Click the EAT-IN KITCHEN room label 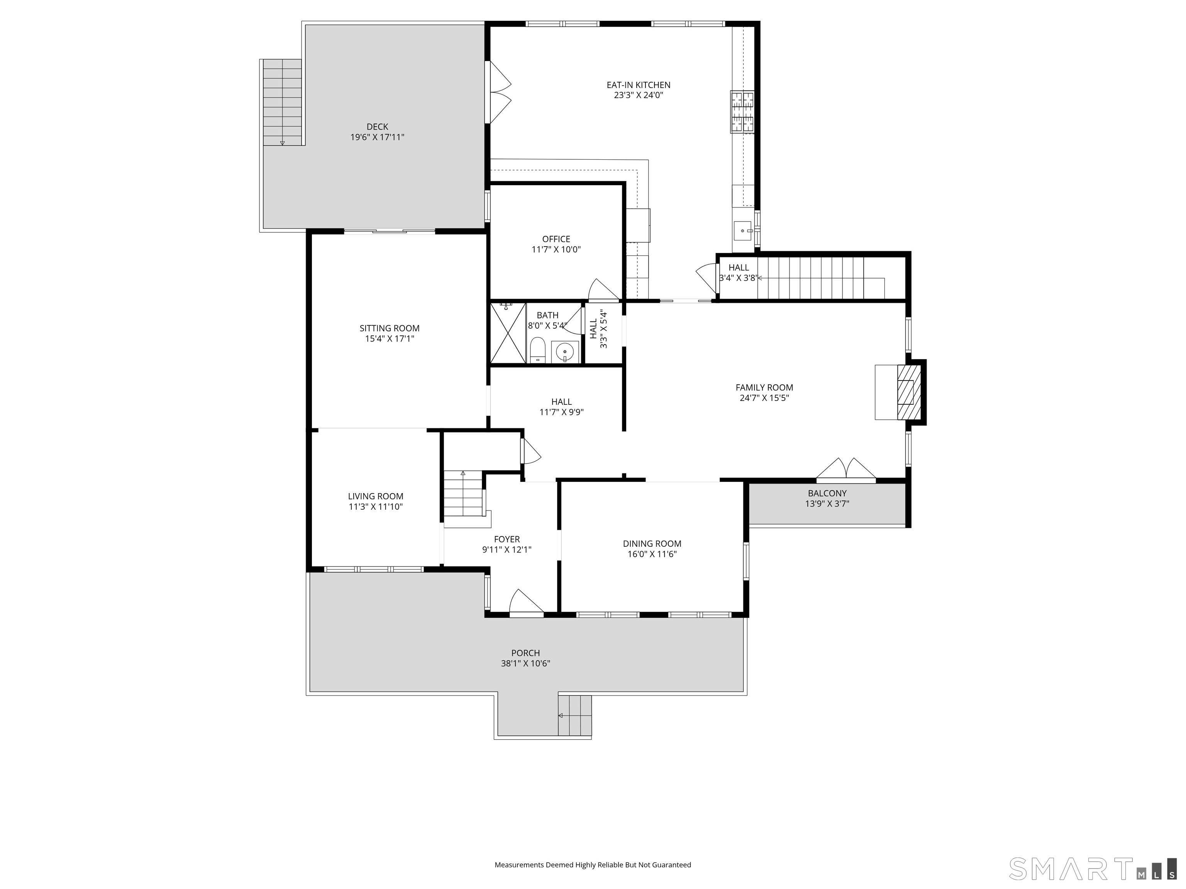click(638, 85)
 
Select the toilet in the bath click(537, 350)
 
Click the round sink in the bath click(564, 352)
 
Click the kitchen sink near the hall click(742, 232)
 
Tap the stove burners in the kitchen click(742, 112)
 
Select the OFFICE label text click(556, 239)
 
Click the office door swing click(603, 291)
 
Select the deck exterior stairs click(282, 102)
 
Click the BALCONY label click(827, 493)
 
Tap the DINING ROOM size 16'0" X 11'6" click(652, 554)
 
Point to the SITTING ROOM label click(389, 328)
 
